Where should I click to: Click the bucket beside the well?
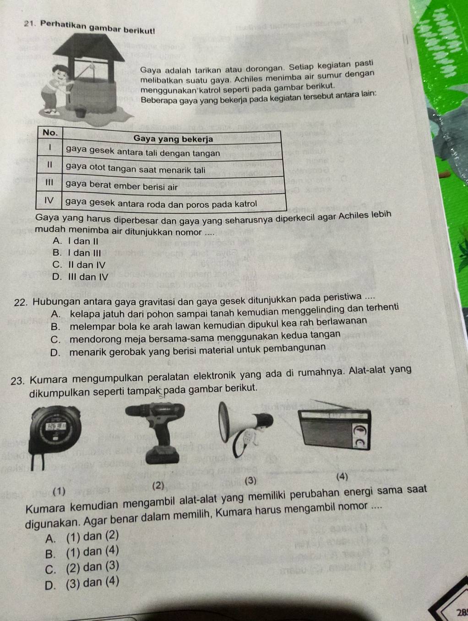(x=81, y=111)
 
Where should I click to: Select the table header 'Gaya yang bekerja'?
(x=173, y=139)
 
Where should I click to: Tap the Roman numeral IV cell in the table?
(x=51, y=200)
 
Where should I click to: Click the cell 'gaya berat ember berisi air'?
(x=121, y=187)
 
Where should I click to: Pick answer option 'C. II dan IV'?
(x=79, y=265)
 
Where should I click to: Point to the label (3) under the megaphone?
(x=252, y=481)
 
